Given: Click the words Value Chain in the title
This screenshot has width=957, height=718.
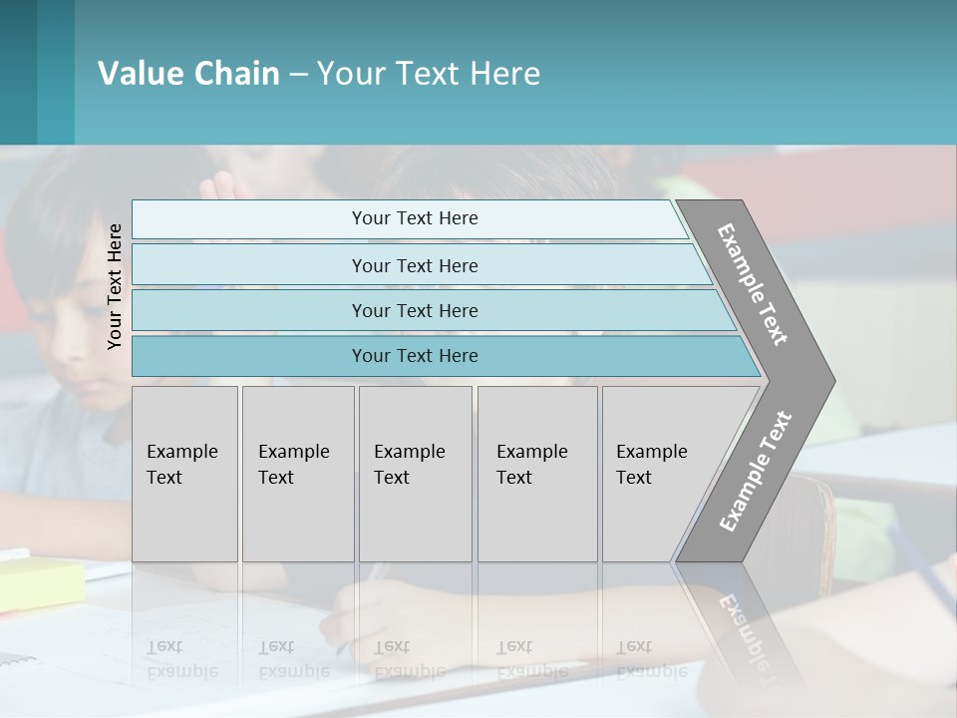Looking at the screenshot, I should point(188,74).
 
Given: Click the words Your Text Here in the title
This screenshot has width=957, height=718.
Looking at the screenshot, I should point(429,74).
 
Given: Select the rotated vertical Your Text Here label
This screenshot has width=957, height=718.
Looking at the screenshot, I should point(115,286).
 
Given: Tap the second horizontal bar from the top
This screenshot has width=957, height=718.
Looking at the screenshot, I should point(415,265).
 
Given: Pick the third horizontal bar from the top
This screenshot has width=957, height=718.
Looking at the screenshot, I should point(415,310).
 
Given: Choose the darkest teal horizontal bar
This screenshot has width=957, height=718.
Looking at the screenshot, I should point(415,356).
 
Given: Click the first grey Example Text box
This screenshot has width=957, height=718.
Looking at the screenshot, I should point(184,474).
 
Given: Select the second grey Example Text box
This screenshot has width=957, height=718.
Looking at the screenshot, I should point(298,474).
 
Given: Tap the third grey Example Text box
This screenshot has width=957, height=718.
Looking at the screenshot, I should point(415,474).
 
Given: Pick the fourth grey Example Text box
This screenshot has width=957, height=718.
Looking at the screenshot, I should point(537,474).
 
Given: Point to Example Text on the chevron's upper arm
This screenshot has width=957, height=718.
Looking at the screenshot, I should point(753,284).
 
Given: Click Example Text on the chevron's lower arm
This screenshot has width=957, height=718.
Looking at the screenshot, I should point(755,471).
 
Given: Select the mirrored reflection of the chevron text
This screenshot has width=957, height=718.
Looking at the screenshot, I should point(743,628).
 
